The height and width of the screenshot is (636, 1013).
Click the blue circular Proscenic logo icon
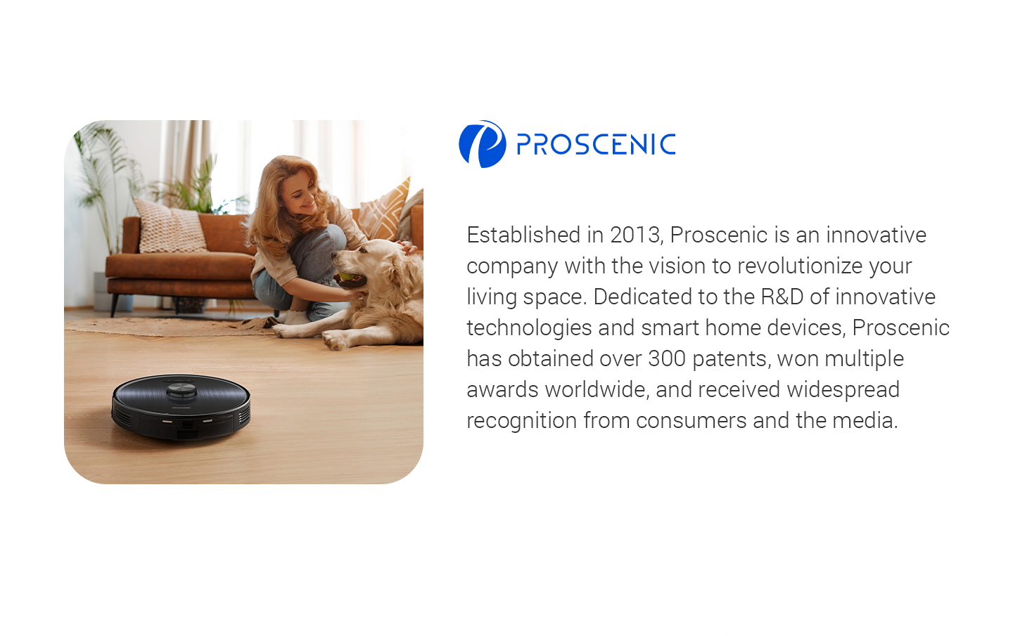pos(483,144)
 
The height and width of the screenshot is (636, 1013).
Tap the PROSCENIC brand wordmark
pos(596,145)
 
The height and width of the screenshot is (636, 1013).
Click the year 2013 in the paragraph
pos(635,235)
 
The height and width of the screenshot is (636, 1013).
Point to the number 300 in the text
pos(667,358)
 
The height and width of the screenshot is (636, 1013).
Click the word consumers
pos(691,421)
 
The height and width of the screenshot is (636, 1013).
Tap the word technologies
pos(529,328)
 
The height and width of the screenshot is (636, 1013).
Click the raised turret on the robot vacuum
pos(181,391)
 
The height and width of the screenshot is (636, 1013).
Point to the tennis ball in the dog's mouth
pos(346,276)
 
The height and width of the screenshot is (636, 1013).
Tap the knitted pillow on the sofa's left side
pos(170,226)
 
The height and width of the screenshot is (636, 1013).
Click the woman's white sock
pos(296,317)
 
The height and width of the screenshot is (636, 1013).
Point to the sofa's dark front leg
pos(114,306)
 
